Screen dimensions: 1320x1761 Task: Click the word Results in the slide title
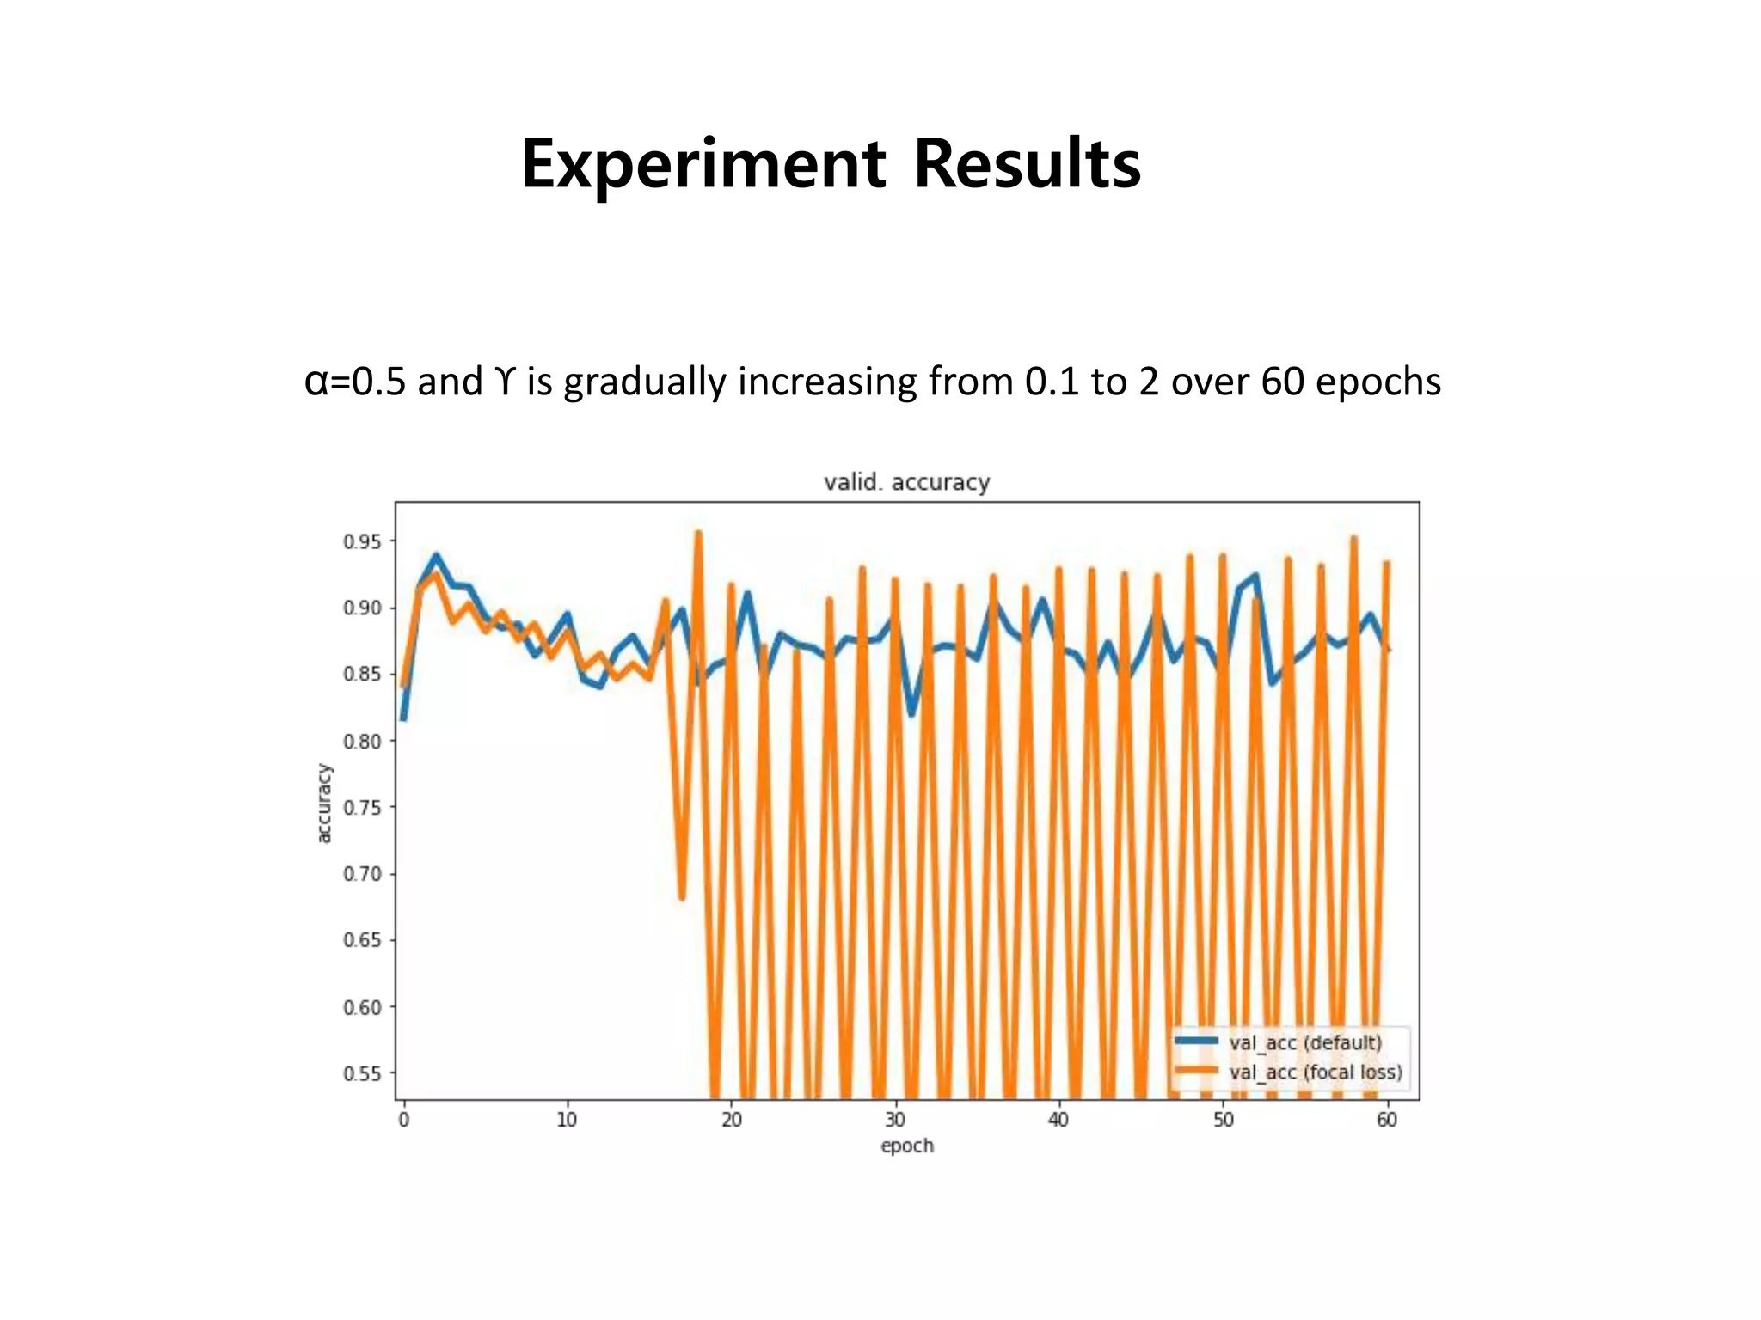(1027, 164)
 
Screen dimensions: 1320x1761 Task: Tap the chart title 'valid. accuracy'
(906, 482)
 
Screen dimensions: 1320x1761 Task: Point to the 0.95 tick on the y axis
(362, 541)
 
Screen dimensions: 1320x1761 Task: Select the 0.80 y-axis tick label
(362, 741)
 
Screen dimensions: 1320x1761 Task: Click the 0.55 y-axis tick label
(362, 1073)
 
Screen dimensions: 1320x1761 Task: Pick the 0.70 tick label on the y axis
(362, 874)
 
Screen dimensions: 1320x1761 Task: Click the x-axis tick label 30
(895, 1120)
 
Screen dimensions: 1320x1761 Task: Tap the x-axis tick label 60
(1386, 1120)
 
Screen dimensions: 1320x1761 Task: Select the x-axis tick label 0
(403, 1120)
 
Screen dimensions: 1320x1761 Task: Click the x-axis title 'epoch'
(906, 1146)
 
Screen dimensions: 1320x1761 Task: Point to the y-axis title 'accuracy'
(324, 804)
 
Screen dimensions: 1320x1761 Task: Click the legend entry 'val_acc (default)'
(1305, 1042)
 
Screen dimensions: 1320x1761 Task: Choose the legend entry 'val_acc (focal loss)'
(1316, 1072)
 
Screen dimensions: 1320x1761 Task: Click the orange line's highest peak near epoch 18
(698, 533)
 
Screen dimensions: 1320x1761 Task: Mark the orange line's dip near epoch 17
(682, 897)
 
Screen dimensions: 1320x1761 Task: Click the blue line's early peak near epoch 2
(436, 557)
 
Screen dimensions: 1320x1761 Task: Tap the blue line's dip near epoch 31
(912, 714)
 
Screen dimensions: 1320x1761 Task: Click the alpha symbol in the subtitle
(316, 382)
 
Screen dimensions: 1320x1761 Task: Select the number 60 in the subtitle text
(1281, 382)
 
